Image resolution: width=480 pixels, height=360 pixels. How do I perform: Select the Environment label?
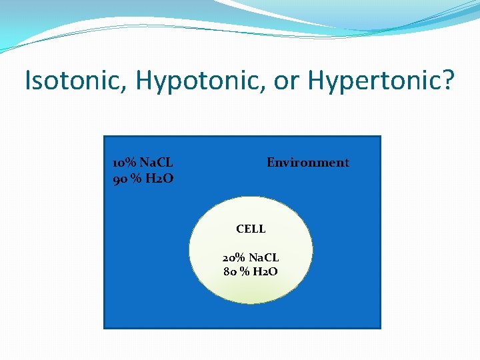[x=307, y=163]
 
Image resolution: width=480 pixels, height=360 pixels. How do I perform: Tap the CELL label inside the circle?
[x=251, y=229]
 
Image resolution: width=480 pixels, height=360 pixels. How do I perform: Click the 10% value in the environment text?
[x=124, y=163]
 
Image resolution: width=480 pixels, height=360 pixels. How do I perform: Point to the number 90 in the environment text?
[x=120, y=178]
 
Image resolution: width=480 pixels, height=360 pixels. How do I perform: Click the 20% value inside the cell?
[x=234, y=257]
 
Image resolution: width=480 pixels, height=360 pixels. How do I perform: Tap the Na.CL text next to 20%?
[x=264, y=257]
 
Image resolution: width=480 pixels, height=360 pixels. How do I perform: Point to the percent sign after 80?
[x=245, y=271]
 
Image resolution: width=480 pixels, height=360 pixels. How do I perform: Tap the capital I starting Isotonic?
[x=27, y=81]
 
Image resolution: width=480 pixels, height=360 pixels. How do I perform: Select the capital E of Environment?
[x=271, y=163]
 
